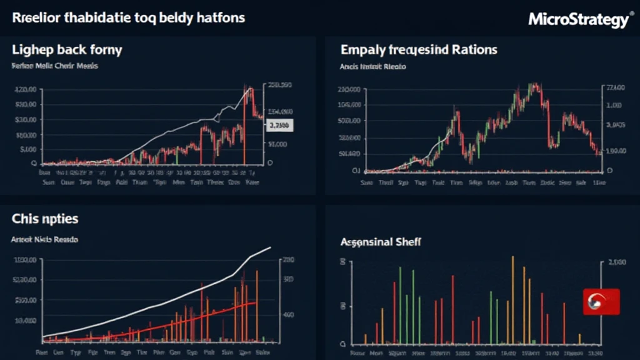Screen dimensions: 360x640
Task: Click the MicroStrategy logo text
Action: coord(577,19)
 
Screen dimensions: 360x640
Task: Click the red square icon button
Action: coord(601,301)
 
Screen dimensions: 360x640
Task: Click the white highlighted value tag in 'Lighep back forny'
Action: coord(279,126)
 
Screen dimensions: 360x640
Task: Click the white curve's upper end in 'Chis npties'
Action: coord(269,248)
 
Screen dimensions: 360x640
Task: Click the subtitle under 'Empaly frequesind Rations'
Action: coord(372,66)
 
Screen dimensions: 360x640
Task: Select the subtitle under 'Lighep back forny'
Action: coord(55,66)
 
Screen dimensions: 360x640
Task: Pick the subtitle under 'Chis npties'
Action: coord(44,239)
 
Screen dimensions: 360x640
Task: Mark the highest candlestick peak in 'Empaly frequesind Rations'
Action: coord(535,86)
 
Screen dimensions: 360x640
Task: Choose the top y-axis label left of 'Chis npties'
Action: coord(25,260)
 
